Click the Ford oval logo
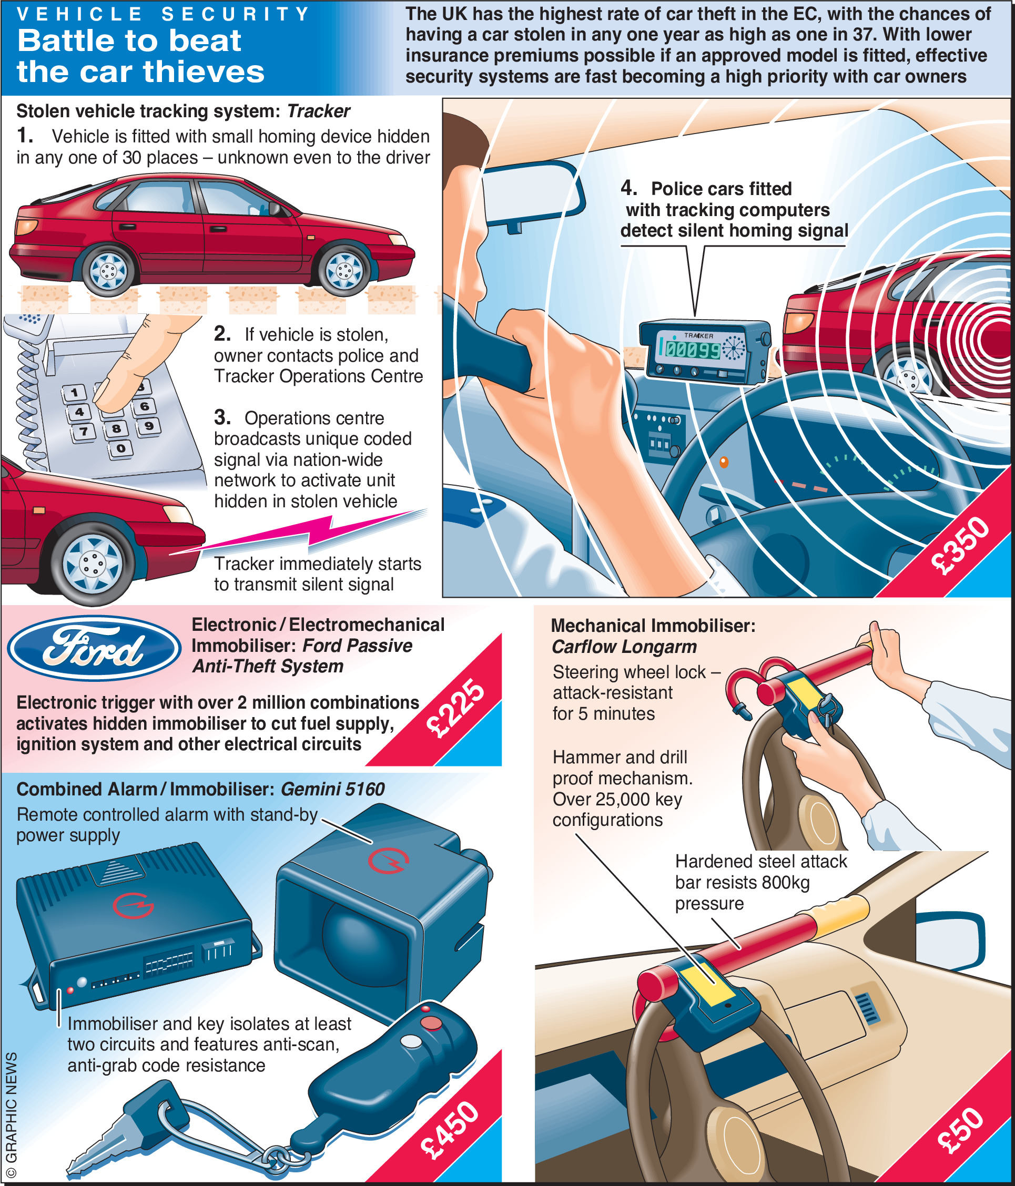point(95,648)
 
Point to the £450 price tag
point(450,1129)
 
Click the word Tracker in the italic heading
point(318,111)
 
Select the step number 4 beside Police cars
point(628,188)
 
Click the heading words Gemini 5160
point(332,789)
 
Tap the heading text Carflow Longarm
point(624,647)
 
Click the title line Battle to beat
point(129,40)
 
